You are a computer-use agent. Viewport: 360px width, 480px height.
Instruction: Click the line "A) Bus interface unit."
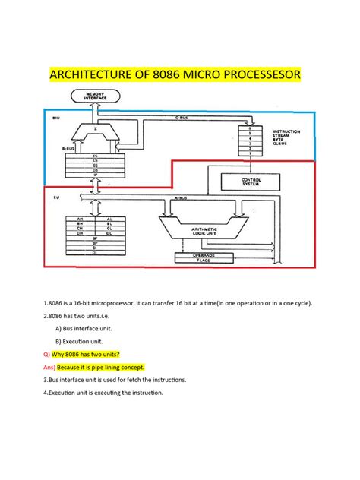pos(86,328)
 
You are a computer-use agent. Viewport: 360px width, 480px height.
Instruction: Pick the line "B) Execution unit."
pos(81,341)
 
